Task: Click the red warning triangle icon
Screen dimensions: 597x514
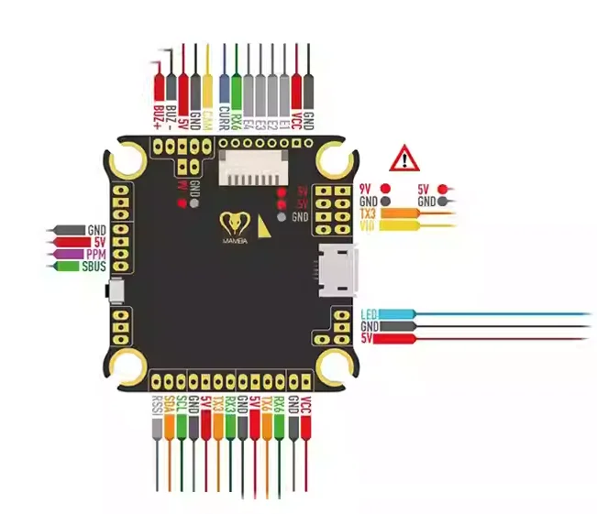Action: (x=403, y=159)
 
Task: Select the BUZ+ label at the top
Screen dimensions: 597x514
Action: (x=159, y=114)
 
